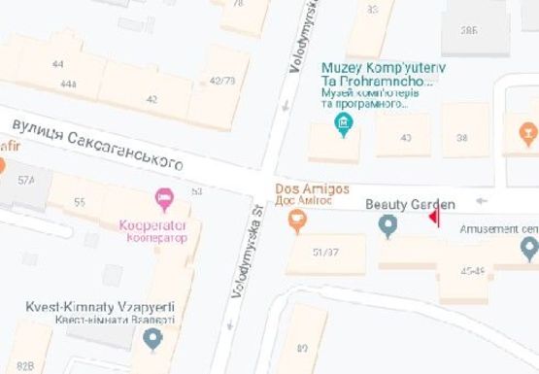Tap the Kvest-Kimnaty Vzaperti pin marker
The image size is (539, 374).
click(152, 338)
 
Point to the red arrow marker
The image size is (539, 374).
click(433, 217)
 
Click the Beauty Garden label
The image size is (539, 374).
click(409, 205)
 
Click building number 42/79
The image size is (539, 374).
click(221, 81)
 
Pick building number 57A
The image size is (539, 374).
click(25, 180)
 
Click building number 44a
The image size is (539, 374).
click(68, 85)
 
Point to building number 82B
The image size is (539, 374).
click(24, 365)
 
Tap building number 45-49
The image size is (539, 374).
click(473, 270)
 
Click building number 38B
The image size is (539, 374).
click(469, 31)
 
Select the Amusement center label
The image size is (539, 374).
click(498, 229)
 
